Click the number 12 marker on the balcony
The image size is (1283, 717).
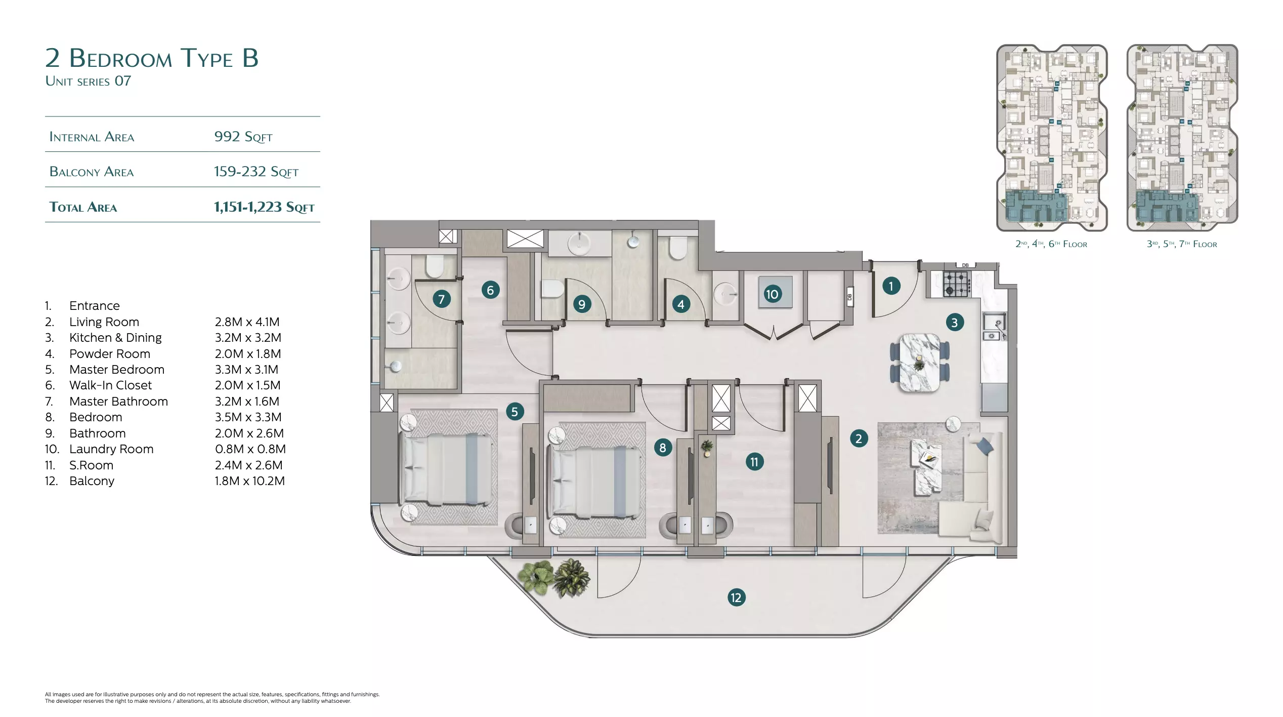(736, 597)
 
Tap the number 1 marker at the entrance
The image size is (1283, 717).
(891, 286)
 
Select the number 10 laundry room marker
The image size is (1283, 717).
(772, 294)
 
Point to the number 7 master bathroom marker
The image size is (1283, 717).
(442, 299)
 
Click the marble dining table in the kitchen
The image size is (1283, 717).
(920, 362)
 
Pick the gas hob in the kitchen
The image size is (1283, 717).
(956, 284)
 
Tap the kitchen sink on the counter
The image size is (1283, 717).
(994, 327)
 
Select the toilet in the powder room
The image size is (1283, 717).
(678, 249)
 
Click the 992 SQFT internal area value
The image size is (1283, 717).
(243, 136)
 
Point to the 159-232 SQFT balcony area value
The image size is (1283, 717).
(256, 172)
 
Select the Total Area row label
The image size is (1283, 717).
(83, 207)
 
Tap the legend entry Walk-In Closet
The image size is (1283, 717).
(110, 385)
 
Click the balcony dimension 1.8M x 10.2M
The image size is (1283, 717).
(250, 481)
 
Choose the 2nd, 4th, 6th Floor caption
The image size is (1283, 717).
(1051, 244)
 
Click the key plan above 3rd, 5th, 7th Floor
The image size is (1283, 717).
(1182, 138)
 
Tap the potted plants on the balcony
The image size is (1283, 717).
(554, 578)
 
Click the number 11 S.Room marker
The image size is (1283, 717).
(754, 462)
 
